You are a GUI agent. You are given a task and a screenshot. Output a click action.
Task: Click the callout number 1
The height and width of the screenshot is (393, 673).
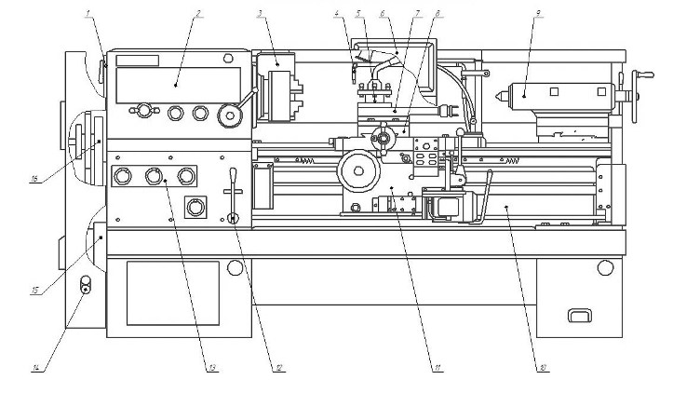coord(88,13)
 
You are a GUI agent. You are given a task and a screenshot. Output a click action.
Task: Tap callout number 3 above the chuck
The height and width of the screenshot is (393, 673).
coord(262,13)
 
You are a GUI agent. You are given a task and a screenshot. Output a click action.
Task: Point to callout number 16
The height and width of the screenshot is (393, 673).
coord(34,180)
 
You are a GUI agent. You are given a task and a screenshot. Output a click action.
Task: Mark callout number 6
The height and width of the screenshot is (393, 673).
coord(383,13)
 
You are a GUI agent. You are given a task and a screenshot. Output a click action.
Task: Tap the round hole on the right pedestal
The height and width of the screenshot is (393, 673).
coord(606,269)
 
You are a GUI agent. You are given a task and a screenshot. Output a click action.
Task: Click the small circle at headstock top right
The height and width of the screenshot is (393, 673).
coord(227,59)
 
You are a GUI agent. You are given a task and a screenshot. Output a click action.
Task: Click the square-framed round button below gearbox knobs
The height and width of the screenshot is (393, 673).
coord(195,206)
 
